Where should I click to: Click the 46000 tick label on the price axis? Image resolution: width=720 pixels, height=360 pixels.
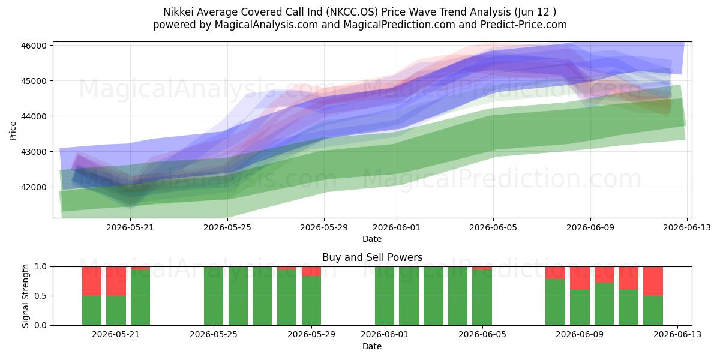click(x=34, y=46)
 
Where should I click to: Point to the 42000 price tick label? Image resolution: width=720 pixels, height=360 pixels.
click(x=34, y=187)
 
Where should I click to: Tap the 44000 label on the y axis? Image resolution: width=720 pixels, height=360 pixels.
click(x=34, y=116)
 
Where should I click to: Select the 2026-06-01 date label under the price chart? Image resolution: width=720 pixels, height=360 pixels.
click(x=397, y=227)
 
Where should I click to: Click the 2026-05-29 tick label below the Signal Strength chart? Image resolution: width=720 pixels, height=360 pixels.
click(x=311, y=334)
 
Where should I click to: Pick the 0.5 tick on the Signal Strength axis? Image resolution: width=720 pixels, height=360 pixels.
click(x=41, y=296)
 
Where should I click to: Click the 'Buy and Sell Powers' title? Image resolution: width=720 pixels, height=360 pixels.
click(x=372, y=257)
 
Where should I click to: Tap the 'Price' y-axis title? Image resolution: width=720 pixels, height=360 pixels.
click(x=13, y=131)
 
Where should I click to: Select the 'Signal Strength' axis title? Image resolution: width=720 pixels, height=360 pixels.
click(x=25, y=296)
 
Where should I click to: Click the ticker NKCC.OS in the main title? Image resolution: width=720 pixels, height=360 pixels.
click(x=352, y=12)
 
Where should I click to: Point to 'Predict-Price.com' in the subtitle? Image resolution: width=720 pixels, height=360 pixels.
click(x=524, y=25)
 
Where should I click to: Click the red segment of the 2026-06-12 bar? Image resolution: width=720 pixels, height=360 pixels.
click(x=653, y=281)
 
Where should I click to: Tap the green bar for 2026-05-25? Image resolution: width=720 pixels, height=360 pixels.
click(x=214, y=296)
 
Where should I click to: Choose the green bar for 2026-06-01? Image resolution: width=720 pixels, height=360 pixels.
click(x=385, y=296)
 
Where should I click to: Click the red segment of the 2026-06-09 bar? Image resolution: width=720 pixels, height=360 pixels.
click(x=580, y=278)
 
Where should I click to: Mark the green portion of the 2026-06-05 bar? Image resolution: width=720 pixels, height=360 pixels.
click(x=482, y=298)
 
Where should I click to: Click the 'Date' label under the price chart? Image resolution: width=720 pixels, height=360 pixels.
click(x=372, y=239)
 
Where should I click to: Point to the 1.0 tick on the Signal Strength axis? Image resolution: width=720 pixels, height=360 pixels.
click(x=41, y=267)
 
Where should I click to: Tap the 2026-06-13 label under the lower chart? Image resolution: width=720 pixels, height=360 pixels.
click(x=677, y=334)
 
